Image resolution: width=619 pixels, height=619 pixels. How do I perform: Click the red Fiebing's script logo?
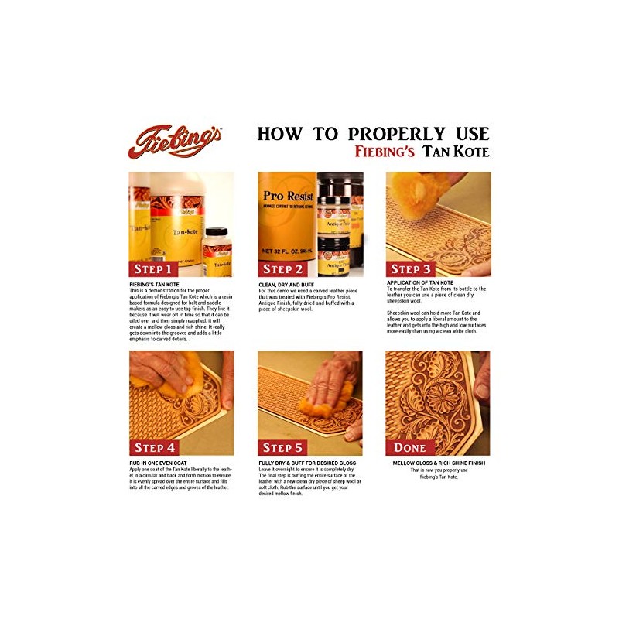pos(175,142)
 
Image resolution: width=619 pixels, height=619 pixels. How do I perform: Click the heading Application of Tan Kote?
pos(421,283)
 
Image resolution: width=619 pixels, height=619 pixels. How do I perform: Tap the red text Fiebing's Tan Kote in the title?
pos(438,152)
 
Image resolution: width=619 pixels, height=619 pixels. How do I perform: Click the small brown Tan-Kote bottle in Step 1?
pos(217,248)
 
